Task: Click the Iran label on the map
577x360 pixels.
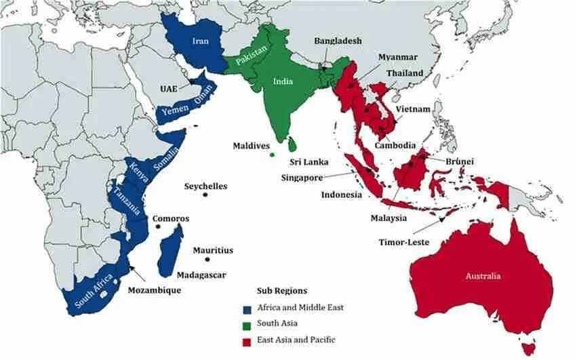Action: (x=200, y=41)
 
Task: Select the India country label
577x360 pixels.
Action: (x=283, y=81)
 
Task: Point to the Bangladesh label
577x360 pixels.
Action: (x=338, y=41)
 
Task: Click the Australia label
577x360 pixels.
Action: (x=483, y=276)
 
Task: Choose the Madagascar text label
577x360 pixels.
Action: (x=201, y=275)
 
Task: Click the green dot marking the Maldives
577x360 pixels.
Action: (x=272, y=155)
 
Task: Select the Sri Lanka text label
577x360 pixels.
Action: (x=309, y=162)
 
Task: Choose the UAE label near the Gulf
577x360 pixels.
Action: (x=170, y=89)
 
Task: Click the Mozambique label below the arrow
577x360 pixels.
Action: (x=155, y=289)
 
